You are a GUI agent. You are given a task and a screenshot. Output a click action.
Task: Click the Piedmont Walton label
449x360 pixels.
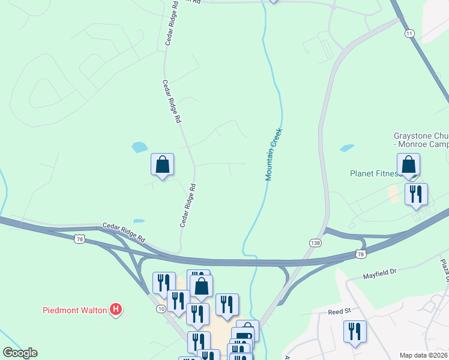click(x=74, y=310)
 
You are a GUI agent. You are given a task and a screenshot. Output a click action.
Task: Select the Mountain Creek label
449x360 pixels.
click(x=274, y=154)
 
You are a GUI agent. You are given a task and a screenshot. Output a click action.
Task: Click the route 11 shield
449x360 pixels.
click(x=409, y=33)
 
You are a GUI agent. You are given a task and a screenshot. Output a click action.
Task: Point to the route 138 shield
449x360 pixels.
click(x=315, y=242)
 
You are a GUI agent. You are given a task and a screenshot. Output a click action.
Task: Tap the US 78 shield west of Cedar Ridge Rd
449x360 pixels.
click(x=80, y=239)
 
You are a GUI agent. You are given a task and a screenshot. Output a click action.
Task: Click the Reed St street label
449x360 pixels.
click(x=339, y=312)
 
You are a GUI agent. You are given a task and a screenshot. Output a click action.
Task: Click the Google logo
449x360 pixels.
click(x=20, y=353)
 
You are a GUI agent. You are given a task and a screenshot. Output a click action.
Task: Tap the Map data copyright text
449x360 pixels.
click(x=423, y=355)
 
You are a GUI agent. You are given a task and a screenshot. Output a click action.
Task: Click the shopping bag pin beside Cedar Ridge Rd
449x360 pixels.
click(x=162, y=164)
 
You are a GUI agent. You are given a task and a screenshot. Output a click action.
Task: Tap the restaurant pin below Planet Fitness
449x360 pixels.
click(x=415, y=194)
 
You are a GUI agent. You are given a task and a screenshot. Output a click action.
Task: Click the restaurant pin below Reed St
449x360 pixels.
click(x=355, y=331)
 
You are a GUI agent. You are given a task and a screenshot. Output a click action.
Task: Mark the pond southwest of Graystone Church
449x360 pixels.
click(x=346, y=148)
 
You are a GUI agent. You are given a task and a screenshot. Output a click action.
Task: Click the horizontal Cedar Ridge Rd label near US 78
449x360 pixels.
click(x=124, y=230)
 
